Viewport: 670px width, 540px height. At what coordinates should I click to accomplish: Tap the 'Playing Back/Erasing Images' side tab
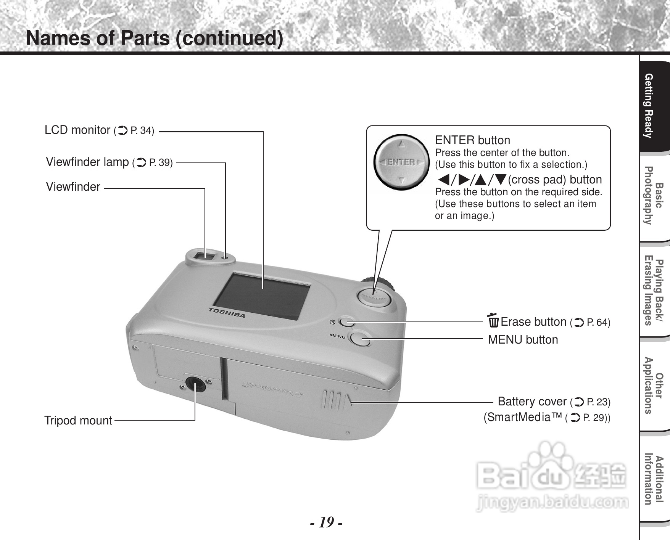click(x=653, y=292)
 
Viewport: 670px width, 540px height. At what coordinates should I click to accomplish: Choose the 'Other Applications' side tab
click(x=653, y=386)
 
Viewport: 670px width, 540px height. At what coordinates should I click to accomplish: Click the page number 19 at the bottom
click(x=326, y=522)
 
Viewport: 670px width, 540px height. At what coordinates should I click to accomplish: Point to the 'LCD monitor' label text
click(x=77, y=130)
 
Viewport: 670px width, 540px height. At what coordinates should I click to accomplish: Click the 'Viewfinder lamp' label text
click(x=87, y=162)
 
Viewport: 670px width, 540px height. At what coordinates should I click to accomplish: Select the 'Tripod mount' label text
click(x=78, y=420)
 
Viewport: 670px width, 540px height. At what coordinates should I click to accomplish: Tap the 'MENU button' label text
click(x=523, y=339)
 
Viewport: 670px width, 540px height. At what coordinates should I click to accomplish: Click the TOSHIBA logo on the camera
click(x=227, y=312)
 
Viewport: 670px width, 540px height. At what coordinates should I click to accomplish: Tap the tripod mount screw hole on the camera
click(x=195, y=385)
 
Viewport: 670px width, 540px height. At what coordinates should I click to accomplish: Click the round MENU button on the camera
click(x=359, y=339)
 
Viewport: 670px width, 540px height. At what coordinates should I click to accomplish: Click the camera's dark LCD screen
click(x=263, y=296)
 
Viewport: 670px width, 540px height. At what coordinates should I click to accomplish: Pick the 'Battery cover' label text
click(x=532, y=401)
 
